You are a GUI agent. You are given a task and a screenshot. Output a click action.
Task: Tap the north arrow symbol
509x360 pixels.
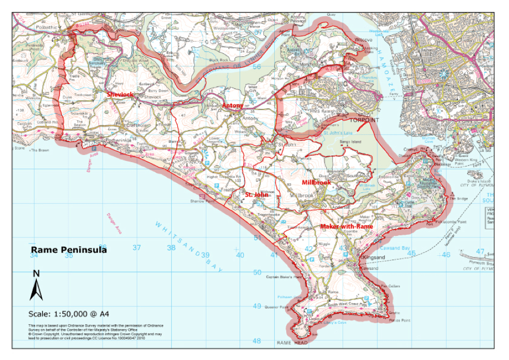(x=36, y=286)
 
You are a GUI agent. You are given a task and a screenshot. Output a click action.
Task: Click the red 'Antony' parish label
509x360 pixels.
(x=232, y=105)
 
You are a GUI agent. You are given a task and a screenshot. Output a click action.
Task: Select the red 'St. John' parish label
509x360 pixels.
(x=256, y=195)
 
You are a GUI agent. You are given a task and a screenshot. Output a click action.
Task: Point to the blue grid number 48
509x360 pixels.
(x=256, y=341)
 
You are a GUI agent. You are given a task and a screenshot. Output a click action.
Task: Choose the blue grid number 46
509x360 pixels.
(x=446, y=254)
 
